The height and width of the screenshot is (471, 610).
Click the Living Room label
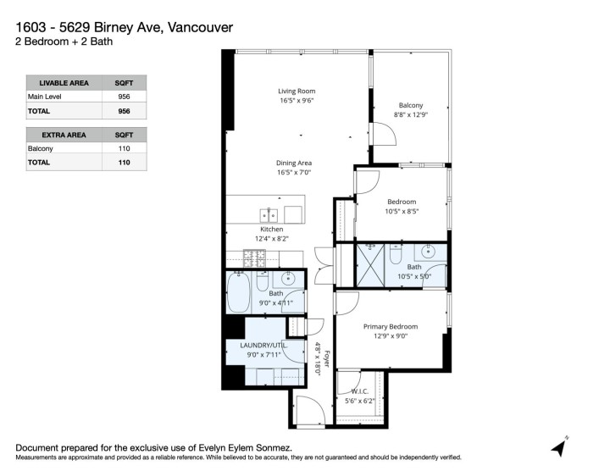point(297,91)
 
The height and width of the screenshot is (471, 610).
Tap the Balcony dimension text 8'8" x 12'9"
point(410,114)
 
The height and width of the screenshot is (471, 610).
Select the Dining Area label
point(294,163)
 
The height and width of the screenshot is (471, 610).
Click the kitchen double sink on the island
point(270,213)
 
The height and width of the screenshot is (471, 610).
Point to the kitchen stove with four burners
point(255,256)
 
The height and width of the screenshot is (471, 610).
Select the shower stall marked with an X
point(369,255)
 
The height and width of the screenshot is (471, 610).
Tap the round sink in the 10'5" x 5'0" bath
point(430,251)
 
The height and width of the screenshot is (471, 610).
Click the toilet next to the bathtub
point(262,280)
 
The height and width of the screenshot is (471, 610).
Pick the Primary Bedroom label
point(390,326)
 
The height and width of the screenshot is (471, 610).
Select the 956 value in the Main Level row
point(124,97)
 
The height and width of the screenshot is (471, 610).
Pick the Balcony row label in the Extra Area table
point(41,148)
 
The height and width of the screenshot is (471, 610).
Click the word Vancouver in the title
point(207,26)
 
